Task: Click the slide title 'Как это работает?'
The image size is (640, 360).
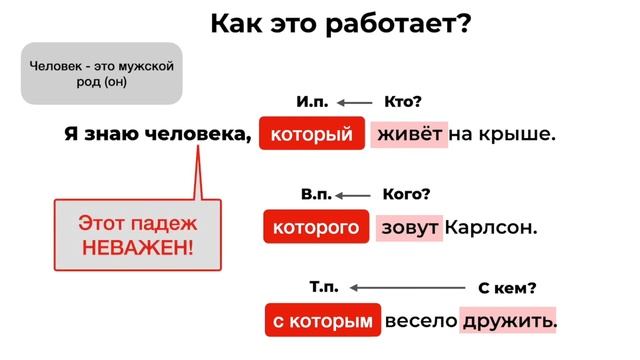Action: pyautogui.click(x=340, y=23)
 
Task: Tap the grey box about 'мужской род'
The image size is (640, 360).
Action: pyautogui.click(x=101, y=74)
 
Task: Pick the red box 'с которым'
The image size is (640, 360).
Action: pyautogui.click(x=323, y=321)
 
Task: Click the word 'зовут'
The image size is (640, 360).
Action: pyautogui.click(x=410, y=227)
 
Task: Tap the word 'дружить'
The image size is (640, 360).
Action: pyautogui.click(x=508, y=321)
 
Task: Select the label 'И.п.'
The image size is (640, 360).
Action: pyautogui.click(x=312, y=102)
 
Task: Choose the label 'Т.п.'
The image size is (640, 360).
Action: pyautogui.click(x=324, y=288)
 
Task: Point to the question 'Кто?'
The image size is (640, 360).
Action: pyautogui.click(x=404, y=102)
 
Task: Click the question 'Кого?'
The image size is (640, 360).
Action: pyautogui.click(x=407, y=194)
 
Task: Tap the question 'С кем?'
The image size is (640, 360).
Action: pyautogui.click(x=507, y=288)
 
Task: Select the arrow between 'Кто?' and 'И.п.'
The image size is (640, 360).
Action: pyautogui.click(x=354, y=102)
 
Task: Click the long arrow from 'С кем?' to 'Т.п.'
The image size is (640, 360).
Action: pyautogui.click(x=404, y=288)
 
